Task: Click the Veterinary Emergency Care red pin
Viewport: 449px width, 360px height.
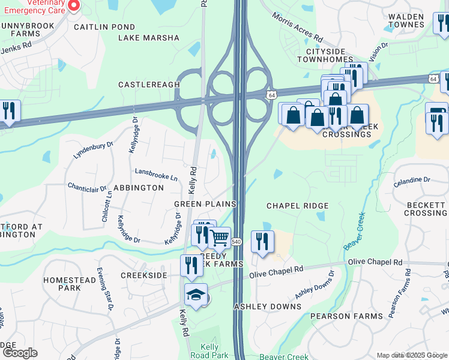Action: [x=74, y=5]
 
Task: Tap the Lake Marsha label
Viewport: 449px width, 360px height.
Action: [x=149, y=38]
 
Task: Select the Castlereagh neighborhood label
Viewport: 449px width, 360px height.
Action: [x=148, y=85]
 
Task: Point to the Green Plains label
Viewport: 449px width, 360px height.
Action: [x=205, y=204]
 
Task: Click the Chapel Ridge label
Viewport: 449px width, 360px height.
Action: [x=298, y=206]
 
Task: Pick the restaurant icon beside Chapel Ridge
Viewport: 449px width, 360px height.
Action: [x=262, y=242]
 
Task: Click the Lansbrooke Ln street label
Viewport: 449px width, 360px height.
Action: [x=156, y=178]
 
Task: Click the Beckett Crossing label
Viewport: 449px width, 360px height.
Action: [x=426, y=209]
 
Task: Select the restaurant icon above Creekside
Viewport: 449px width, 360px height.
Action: [x=191, y=265]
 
